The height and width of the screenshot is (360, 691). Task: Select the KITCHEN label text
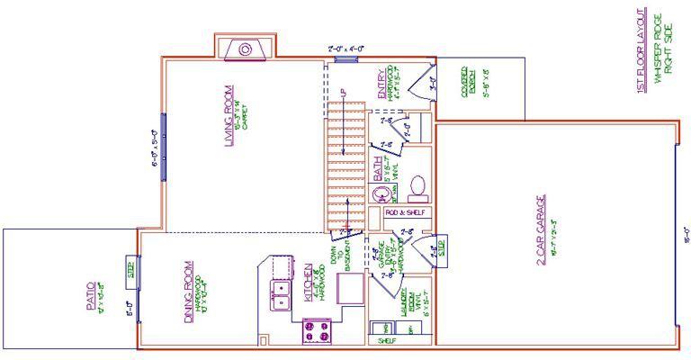(x=309, y=285)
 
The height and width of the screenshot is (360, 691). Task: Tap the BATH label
(x=379, y=172)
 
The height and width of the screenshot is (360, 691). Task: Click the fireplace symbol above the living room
(x=245, y=49)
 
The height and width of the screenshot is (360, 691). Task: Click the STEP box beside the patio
(x=130, y=268)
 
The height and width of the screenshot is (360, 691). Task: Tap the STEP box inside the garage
(x=442, y=247)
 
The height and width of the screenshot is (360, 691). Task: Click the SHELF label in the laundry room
(x=388, y=342)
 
